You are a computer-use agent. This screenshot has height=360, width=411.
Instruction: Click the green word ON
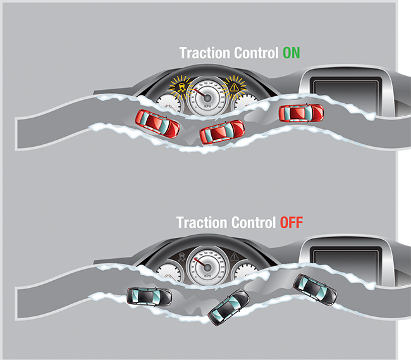291,53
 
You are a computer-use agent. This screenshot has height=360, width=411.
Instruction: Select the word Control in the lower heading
248,223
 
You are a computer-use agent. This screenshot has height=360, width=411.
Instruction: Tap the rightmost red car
301,113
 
